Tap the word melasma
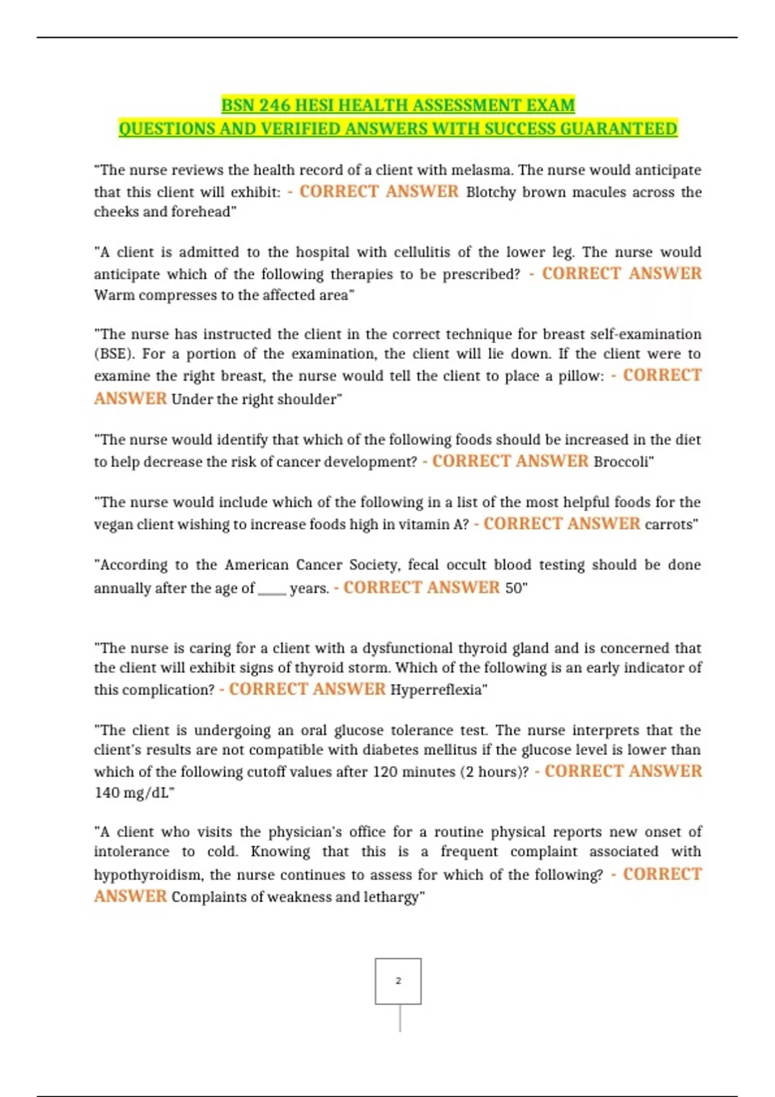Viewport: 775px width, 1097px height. (x=481, y=170)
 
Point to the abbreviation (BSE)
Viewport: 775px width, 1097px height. (x=114, y=354)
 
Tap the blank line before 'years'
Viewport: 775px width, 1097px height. (x=272, y=589)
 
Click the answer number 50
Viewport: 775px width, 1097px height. (x=515, y=589)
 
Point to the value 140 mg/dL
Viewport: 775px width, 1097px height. (x=133, y=793)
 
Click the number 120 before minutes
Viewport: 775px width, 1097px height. (x=385, y=772)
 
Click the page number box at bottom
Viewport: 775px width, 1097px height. (x=398, y=981)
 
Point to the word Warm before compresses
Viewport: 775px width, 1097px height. (x=114, y=296)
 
